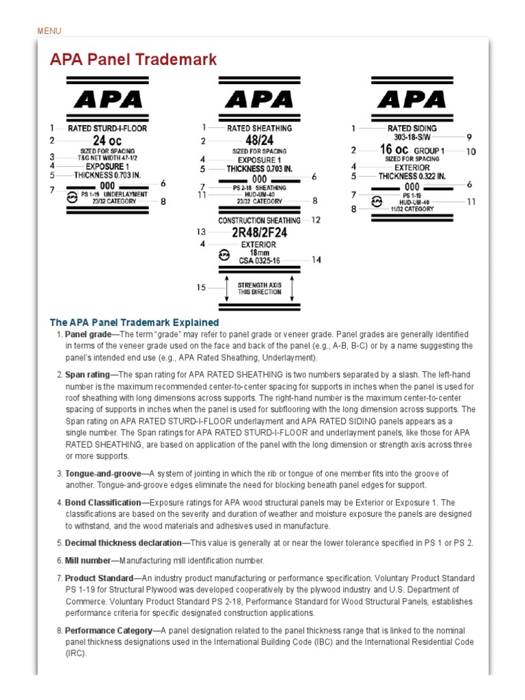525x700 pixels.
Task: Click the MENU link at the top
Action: (x=49, y=31)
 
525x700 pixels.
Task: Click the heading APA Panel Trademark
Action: (x=133, y=59)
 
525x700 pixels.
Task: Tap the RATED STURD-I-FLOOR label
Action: (x=107, y=128)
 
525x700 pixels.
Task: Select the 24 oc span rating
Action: (x=107, y=140)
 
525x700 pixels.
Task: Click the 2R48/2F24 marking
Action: (x=259, y=232)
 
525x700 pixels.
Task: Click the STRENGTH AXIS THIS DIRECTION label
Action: (x=259, y=288)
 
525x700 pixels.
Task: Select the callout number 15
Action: (x=202, y=288)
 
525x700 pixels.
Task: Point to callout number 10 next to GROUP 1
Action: (x=471, y=151)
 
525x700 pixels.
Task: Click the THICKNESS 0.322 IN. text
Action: (x=412, y=176)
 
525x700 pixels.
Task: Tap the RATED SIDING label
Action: (x=412, y=128)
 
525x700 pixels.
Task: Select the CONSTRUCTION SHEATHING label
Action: (x=259, y=221)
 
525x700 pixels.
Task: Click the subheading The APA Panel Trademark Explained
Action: (x=134, y=322)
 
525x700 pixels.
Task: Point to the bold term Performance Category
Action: (x=109, y=630)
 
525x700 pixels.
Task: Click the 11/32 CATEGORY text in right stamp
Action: (x=412, y=209)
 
